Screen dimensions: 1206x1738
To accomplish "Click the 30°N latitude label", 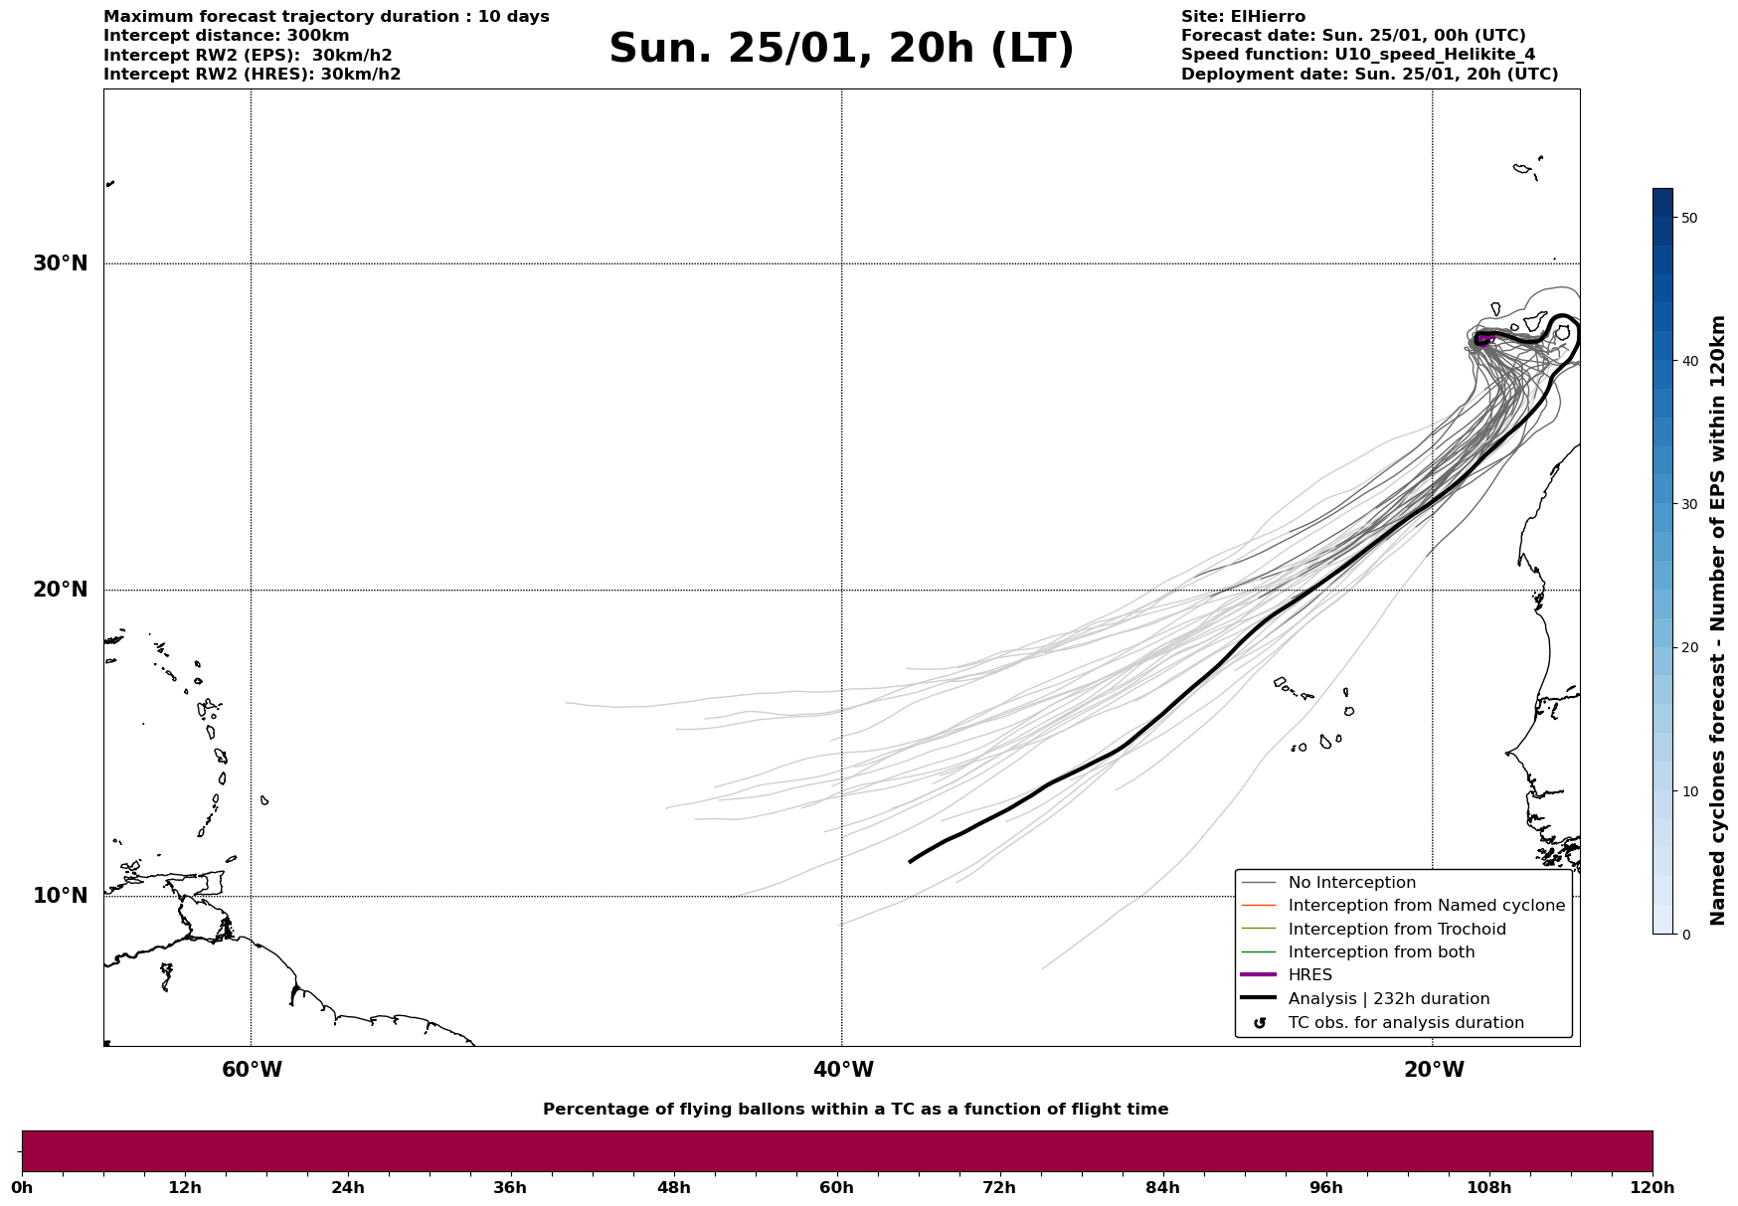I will tap(60, 263).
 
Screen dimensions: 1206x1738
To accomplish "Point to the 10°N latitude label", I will tap(60, 896).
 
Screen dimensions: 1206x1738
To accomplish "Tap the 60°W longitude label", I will tap(252, 1070).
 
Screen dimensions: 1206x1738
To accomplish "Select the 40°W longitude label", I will tap(843, 1070).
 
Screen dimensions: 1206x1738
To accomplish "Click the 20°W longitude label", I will tap(1434, 1070).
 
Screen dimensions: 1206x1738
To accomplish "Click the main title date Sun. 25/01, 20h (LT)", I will tap(841, 49).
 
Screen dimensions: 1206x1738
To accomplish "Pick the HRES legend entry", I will tap(1309, 975).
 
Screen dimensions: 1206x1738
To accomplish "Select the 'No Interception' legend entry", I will tap(1351, 883).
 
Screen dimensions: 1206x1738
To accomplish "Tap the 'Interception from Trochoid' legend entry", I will tap(1396, 930).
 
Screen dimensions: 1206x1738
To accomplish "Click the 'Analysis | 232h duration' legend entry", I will tap(1388, 999).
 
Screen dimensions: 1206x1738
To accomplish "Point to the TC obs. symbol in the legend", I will tap(1260, 1023).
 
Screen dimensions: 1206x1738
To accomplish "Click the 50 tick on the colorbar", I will tap(1688, 218).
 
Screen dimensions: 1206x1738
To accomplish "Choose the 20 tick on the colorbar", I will tap(1688, 648).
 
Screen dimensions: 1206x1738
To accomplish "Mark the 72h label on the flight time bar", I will tap(999, 1188).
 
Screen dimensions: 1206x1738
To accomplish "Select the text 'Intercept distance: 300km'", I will tap(227, 36).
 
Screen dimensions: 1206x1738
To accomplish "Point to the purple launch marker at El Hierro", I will tap(1483, 339).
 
